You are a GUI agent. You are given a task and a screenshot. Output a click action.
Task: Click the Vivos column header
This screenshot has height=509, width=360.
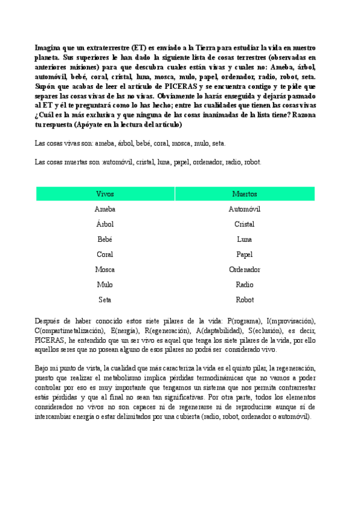[x=105, y=194]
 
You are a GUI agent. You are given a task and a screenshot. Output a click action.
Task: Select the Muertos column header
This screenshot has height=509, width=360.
[x=244, y=194]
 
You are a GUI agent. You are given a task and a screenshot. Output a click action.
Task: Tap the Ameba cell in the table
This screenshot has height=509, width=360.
[x=105, y=209]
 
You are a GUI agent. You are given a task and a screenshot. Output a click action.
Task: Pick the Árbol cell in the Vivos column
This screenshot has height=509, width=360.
[x=105, y=224]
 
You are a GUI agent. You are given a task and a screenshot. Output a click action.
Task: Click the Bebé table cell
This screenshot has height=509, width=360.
[x=105, y=239]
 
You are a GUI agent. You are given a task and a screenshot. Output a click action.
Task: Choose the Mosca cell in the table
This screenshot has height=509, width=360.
[x=105, y=270]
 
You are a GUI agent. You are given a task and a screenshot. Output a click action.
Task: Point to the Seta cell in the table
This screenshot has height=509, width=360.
[x=105, y=300]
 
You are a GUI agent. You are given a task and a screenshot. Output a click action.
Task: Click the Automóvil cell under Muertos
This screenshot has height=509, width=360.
[x=244, y=209]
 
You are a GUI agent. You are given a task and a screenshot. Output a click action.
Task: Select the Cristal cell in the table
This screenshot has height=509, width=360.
[x=244, y=224]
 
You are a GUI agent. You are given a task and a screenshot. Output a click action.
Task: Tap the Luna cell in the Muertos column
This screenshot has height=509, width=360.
[x=244, y=239]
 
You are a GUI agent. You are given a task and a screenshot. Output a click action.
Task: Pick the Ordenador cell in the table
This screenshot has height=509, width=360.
[x=244, y=270]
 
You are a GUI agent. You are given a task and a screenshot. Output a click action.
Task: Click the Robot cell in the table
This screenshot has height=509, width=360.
[x=244, y=300]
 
